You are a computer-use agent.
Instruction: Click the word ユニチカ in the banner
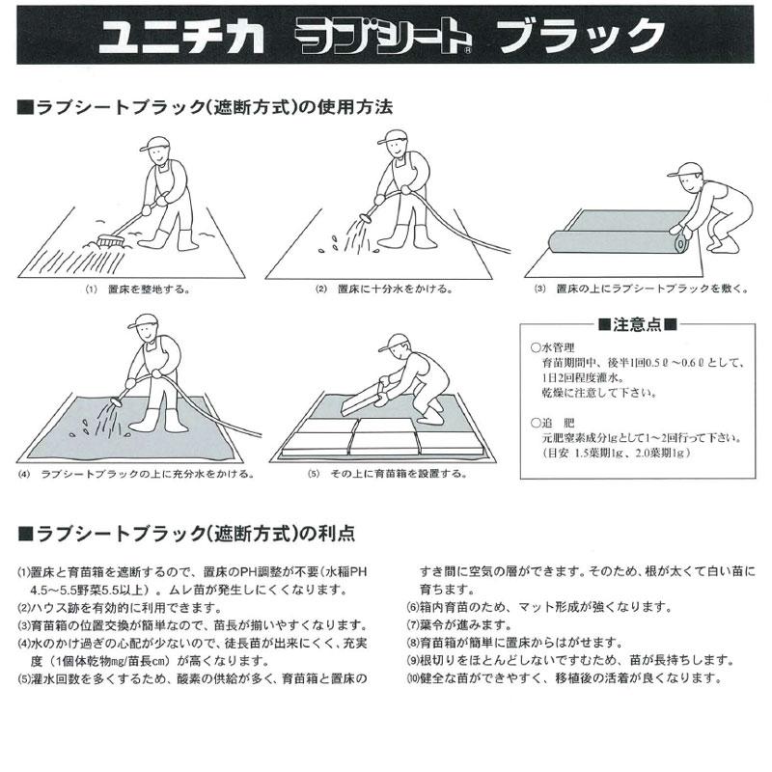click(181, 35)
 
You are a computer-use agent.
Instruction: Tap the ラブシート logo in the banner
click(383, 36)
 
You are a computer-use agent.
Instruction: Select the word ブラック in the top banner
click(581, 35)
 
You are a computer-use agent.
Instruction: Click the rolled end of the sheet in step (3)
click(681, 245)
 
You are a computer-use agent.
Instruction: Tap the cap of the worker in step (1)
click(154, 143)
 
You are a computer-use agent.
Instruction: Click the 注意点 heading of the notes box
click(637, 324)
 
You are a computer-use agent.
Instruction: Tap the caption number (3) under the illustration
click(540, 289)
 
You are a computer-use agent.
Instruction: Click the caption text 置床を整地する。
click(149, 289)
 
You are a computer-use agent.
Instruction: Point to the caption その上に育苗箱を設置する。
click(399, 474)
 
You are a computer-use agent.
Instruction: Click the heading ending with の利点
click(186, 534)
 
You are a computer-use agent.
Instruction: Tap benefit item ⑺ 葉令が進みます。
click(459, 624)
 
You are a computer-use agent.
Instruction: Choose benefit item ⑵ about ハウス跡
click(119, 608)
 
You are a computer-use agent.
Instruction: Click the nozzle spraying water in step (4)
click(117, 401)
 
